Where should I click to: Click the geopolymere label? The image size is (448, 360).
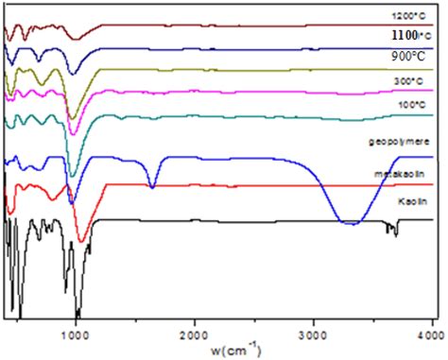tap(396, 142)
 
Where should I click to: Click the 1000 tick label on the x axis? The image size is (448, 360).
tap(76, 333)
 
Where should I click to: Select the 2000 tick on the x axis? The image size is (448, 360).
tap(195, 333)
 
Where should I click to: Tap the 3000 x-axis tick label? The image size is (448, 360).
tap(314, 333)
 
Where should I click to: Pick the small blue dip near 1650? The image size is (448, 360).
tap(152, 187)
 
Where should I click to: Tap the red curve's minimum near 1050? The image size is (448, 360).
tap(82, 240)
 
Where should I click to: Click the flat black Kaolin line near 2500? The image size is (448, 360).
tap(255, 219)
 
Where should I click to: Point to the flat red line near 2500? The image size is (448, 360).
tap(255, 185)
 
